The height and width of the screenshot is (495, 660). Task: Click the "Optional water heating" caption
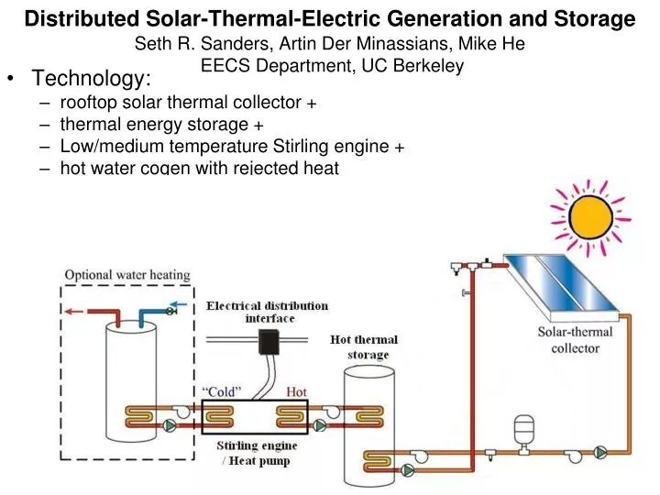[127, 274]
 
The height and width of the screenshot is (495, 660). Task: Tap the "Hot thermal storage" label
[365, 347]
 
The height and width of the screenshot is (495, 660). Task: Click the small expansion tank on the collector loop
[524, 428]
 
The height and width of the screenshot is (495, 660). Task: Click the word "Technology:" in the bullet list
[92, 82]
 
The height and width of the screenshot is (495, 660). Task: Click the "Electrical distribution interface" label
[266, 312]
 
